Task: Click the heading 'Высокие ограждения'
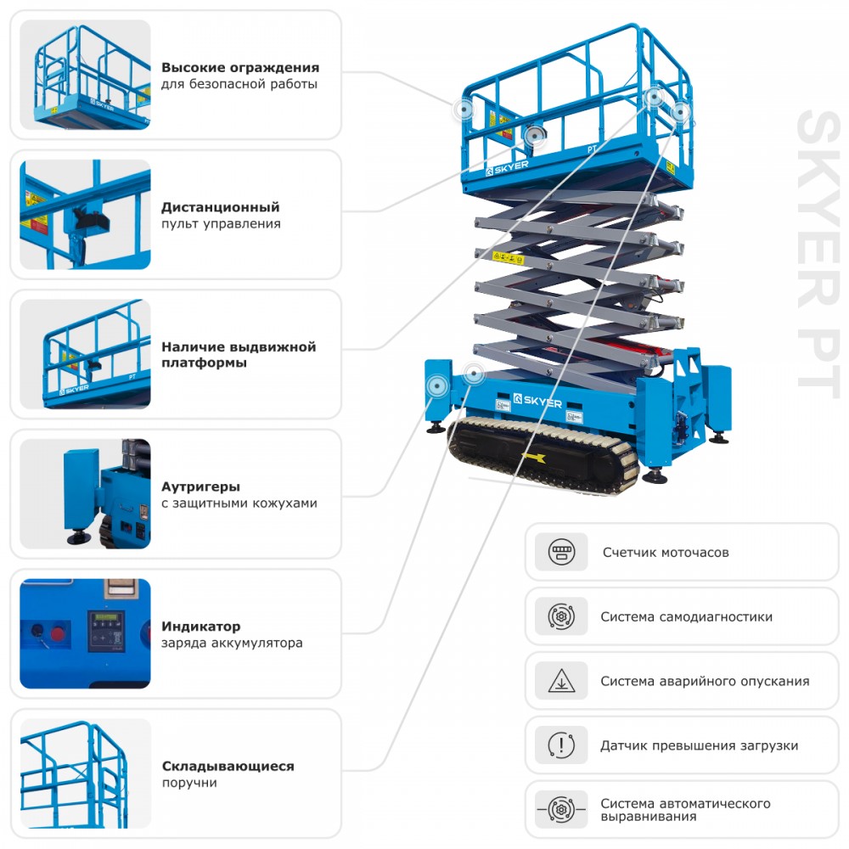pos(240,67)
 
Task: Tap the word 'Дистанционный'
pos(220,207)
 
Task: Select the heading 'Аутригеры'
pos(200,486)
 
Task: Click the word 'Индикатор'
pos(200,627)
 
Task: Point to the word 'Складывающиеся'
pos(228,766)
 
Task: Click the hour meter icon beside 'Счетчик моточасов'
pos(561,552)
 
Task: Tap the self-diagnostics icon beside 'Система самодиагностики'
pos(561,616)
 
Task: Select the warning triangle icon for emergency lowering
pos(561,681)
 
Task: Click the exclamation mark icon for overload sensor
pos(561,745)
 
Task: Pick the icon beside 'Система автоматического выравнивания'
pos(561,809)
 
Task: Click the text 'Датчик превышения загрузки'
pos(699,745)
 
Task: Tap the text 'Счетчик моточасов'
pos(666,552)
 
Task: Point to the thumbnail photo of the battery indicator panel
pos(85,633)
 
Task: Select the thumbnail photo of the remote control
pos(85,214)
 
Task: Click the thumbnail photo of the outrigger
pos(85,493)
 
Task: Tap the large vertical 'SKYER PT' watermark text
pos(818,250)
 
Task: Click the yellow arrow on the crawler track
pos(534,458)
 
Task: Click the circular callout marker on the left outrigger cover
pos(438,385)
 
